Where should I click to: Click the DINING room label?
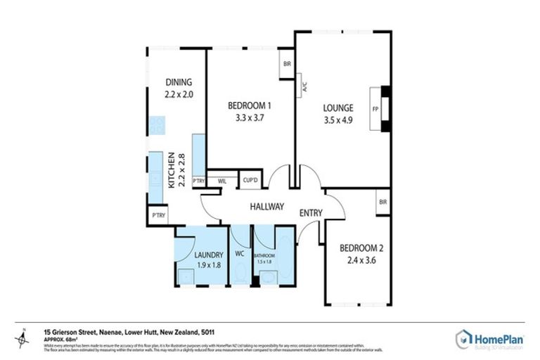(x=178, y=81)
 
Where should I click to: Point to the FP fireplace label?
(x=375, y=109)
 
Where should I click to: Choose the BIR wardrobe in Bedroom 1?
(x=287, y=64)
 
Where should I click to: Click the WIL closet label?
(x=222, y=181)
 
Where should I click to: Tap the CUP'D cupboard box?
(x=250, y=181)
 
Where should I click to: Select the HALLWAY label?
(x=267, y=207)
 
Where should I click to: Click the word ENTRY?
(x=311, y=213)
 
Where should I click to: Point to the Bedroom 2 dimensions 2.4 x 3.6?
(x=359, y=260)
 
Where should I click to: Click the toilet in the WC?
(x=240, y=274)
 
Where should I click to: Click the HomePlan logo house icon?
(x=464, y=338)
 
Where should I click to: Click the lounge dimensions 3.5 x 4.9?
(x=337, y=120)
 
